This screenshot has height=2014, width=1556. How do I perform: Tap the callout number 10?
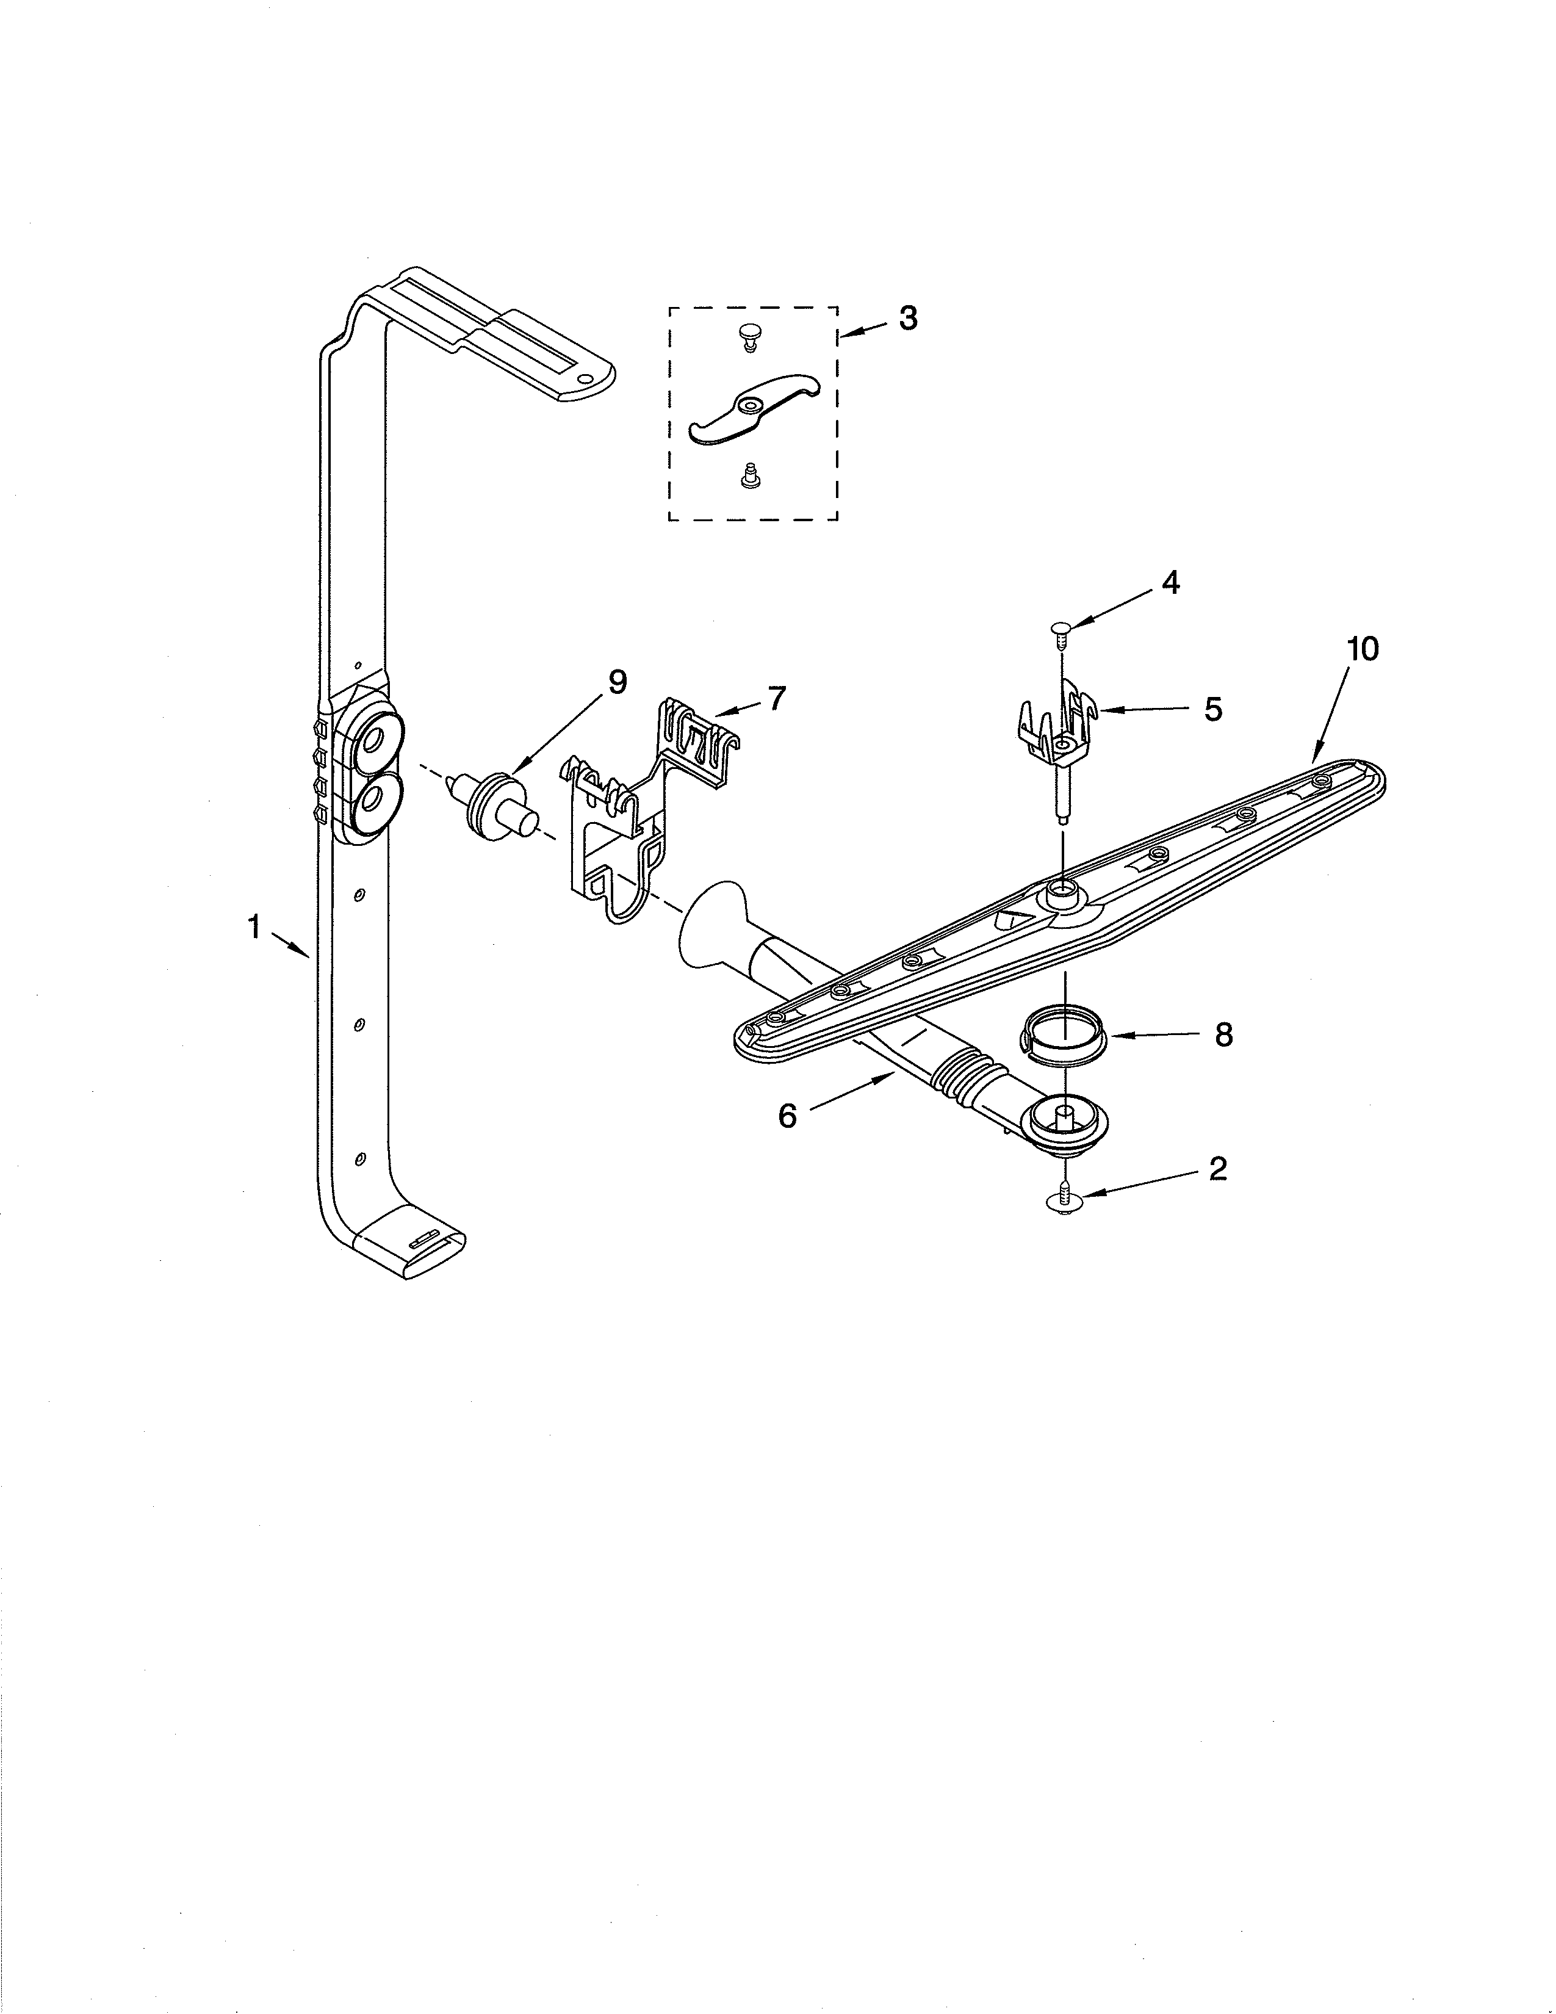(x=1363, y=649)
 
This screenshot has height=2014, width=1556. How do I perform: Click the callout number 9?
(x=617, y=682)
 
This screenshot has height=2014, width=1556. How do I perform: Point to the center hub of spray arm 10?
(x=1061, y=891)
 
